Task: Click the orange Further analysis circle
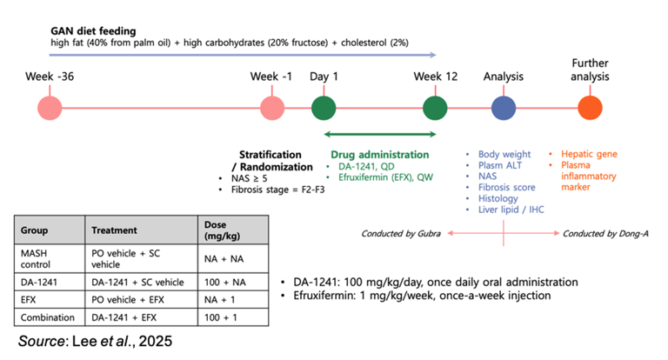pyautogui.click(x=591, y=108)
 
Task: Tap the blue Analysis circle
pyautogui.click(x=504, y=108)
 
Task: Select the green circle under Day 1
pyautogui.click(x=324, y=108)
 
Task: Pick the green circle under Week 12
pyautogui.click(x=435, y=108)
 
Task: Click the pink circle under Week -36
pyautogui.click(x=50, y=108)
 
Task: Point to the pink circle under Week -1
pyautogui.click(x=272, y=108)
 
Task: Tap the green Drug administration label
pyautogui.click(x=376, y=155)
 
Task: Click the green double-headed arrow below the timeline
pyautogui.click(x=380, y=134)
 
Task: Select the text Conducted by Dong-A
pyautogui.click(x=605, y=233)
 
